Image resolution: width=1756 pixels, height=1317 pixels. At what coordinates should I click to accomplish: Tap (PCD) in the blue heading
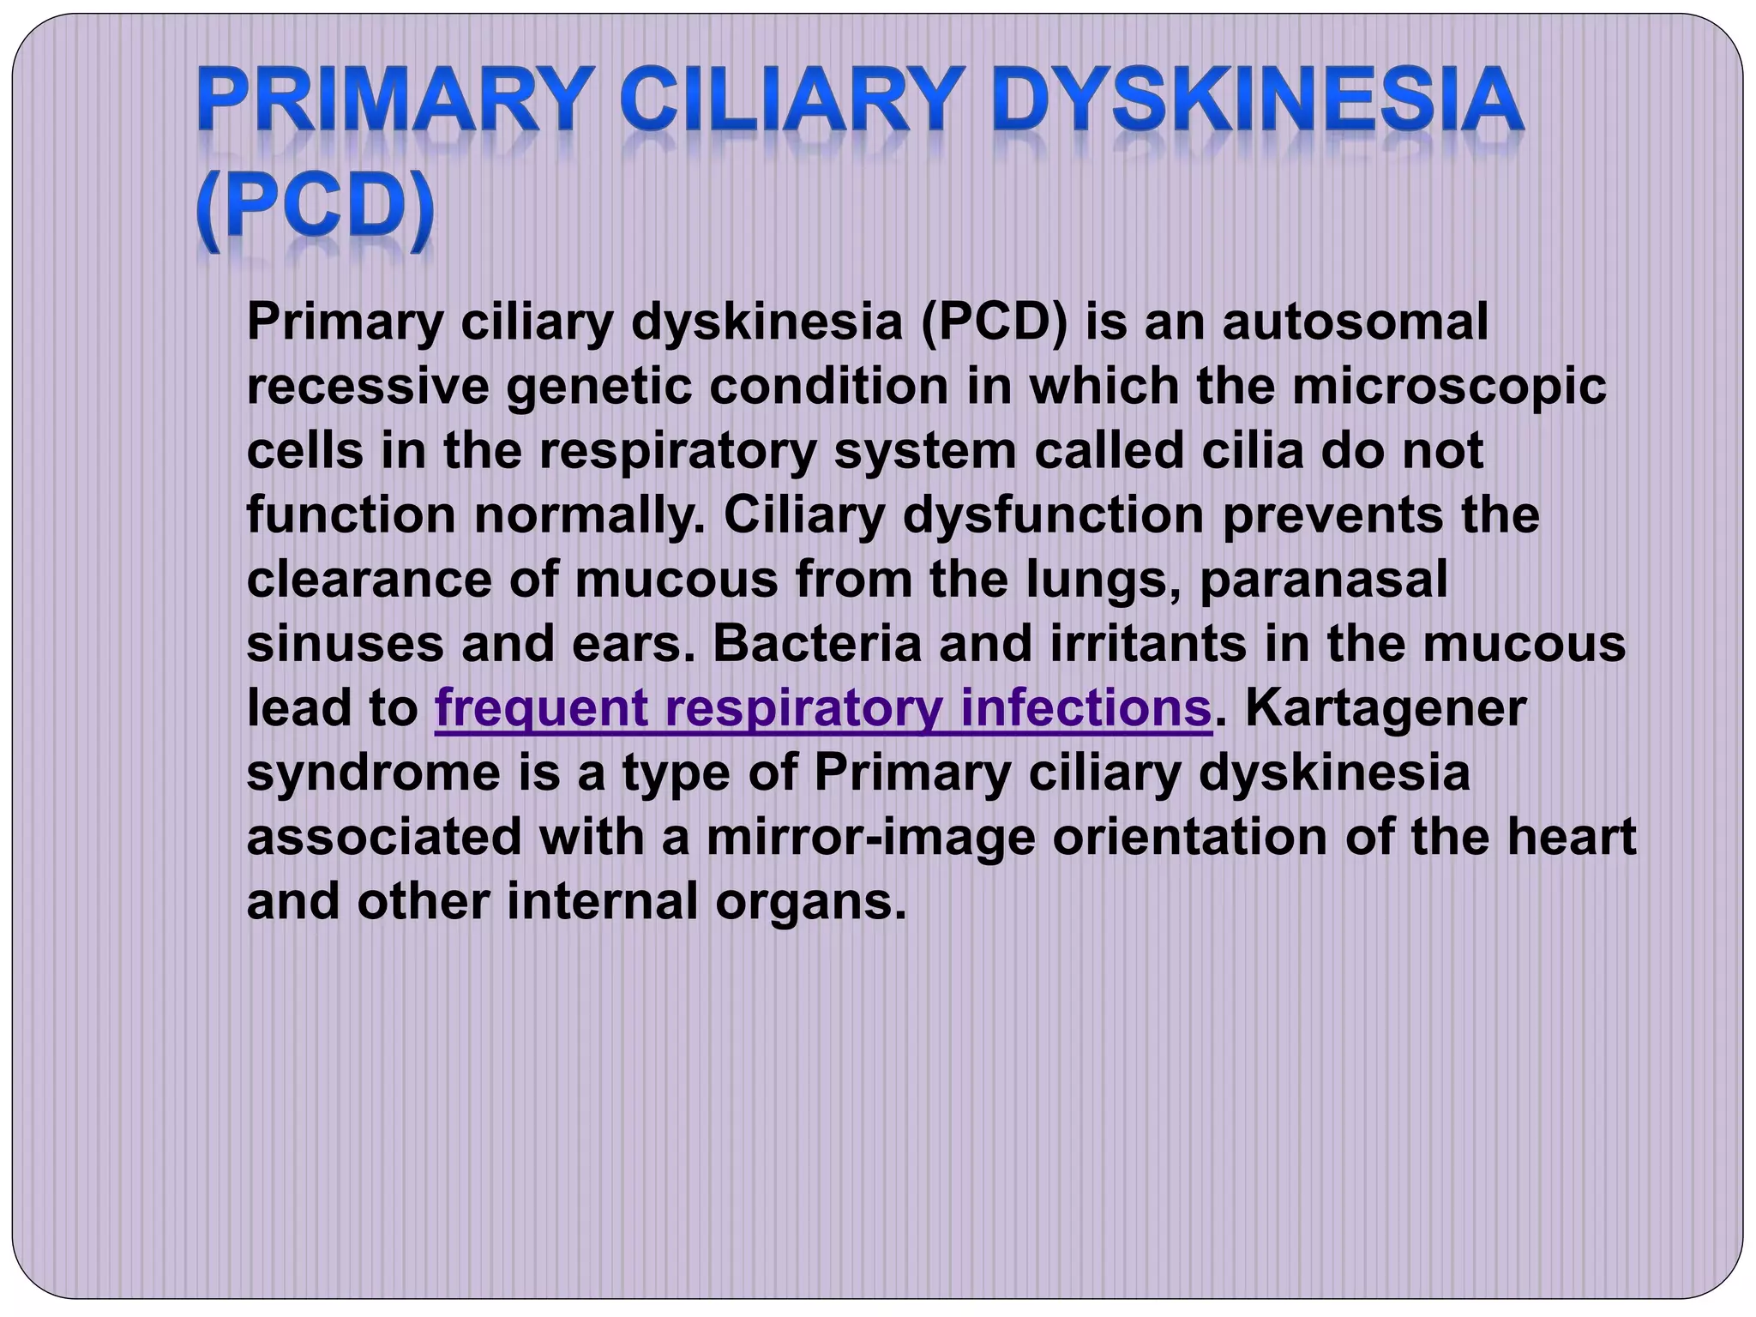[314, 208]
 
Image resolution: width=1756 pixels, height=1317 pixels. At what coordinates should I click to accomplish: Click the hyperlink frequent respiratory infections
[823, 709]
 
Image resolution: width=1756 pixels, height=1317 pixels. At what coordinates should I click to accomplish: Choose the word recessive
[367, 387]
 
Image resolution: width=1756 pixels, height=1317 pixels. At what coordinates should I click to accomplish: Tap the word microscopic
[1449, 387]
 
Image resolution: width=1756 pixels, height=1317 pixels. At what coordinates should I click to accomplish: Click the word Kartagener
[1385, 709]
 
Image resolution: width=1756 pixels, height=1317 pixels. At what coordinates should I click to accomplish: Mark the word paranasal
[1324, 580]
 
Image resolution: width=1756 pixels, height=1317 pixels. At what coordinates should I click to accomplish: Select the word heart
[1572, 838]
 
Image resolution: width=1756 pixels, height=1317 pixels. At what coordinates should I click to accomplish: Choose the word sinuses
[345, 644]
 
